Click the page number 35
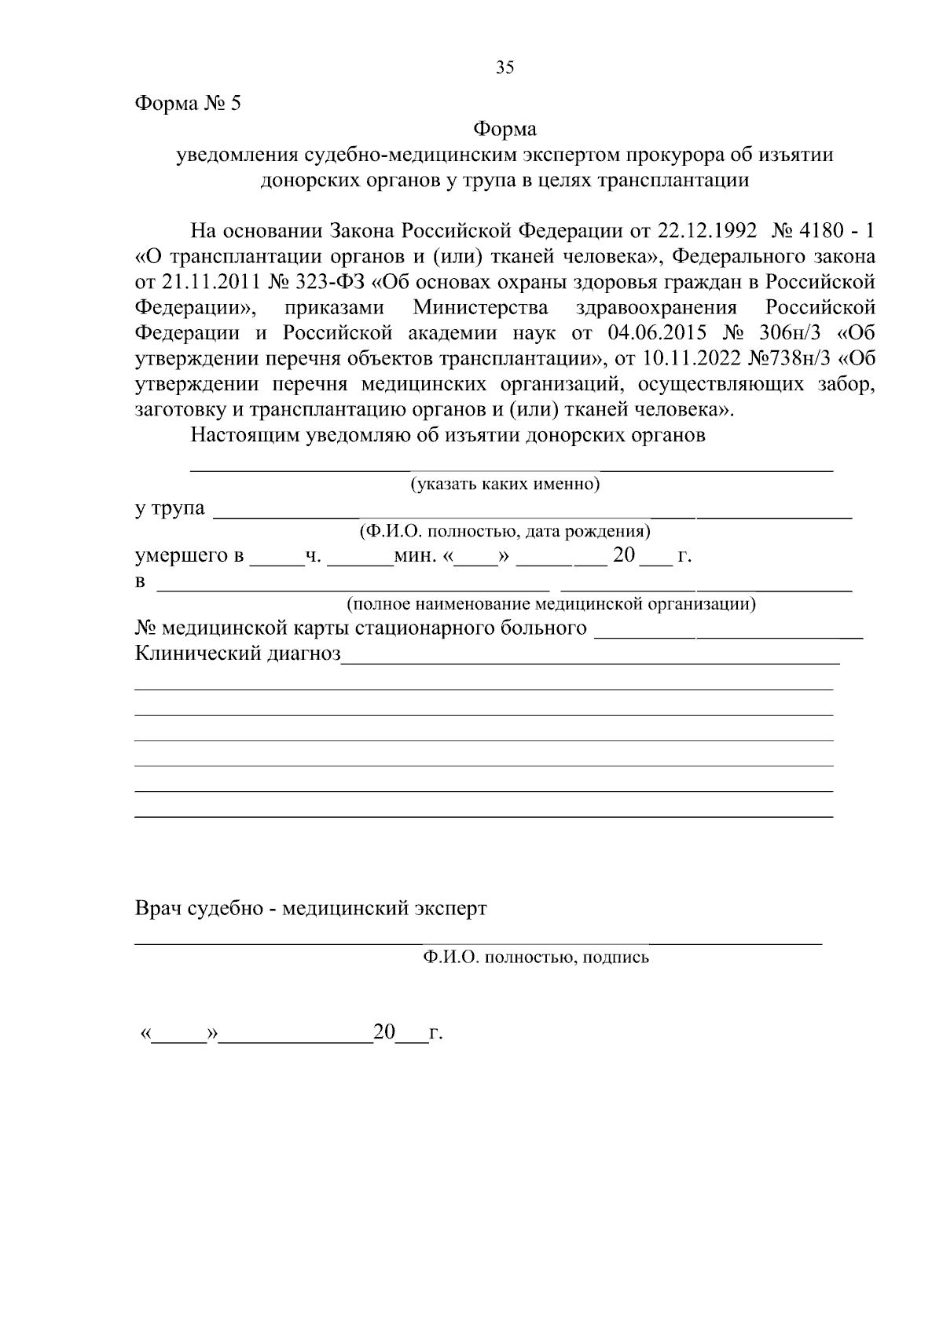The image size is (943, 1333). [x=505, y=68]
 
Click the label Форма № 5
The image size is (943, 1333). [x=188, y=104]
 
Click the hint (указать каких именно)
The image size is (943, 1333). [x=505, y=484]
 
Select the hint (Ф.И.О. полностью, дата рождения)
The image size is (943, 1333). [x=505, y=531]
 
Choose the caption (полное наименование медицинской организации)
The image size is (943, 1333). [x=552, y=604]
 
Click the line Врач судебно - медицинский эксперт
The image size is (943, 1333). [x=311, y=909]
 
